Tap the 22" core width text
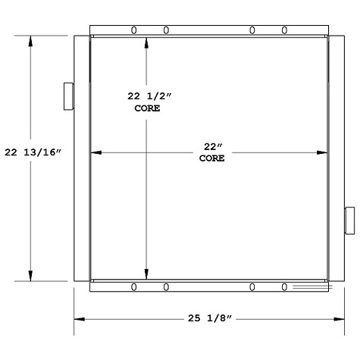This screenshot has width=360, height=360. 212,146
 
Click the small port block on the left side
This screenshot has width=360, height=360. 67,95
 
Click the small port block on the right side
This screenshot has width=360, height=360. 349,220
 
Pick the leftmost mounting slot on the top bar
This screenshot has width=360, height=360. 133,30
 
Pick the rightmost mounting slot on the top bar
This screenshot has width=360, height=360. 284,30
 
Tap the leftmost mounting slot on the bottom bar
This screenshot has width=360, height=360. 133,286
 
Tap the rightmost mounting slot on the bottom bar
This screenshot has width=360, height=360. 284,286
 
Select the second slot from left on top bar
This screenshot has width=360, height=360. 166,30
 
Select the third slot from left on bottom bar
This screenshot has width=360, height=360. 252,286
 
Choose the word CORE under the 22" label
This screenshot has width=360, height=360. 212,158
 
